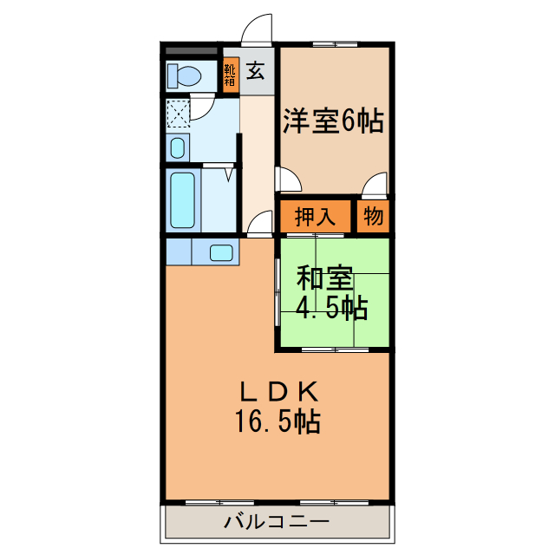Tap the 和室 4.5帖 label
pos(332,293)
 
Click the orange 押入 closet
pos(315,217)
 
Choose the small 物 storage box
pos(374,217)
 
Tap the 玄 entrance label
pos(257,72)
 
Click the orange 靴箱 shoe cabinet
pos(230,75)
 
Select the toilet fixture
pos(185,76)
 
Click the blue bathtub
pos(183,199)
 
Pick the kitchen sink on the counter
pos(221,253)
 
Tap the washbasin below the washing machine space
pos(177,147)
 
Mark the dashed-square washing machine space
pos(179,114)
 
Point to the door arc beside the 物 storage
pos(375,184)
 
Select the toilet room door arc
pos(202,108)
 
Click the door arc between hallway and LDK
pos(259,225)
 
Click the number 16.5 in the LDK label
pos(264,422)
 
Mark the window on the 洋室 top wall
pos(334,42)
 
